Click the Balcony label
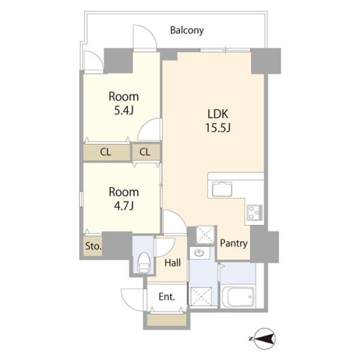187,31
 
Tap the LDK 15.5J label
218,121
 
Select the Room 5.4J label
124,103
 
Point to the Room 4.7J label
124,199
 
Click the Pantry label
234,243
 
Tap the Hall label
173,262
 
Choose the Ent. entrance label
167,296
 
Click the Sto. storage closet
93,246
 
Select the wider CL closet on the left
107,152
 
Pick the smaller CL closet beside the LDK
146,152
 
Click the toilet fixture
144,262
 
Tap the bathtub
238,296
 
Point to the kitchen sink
222,188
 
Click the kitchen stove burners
254,212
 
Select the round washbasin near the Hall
199,253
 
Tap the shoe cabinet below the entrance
167,320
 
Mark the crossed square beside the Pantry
205,235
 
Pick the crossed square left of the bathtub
201,296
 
